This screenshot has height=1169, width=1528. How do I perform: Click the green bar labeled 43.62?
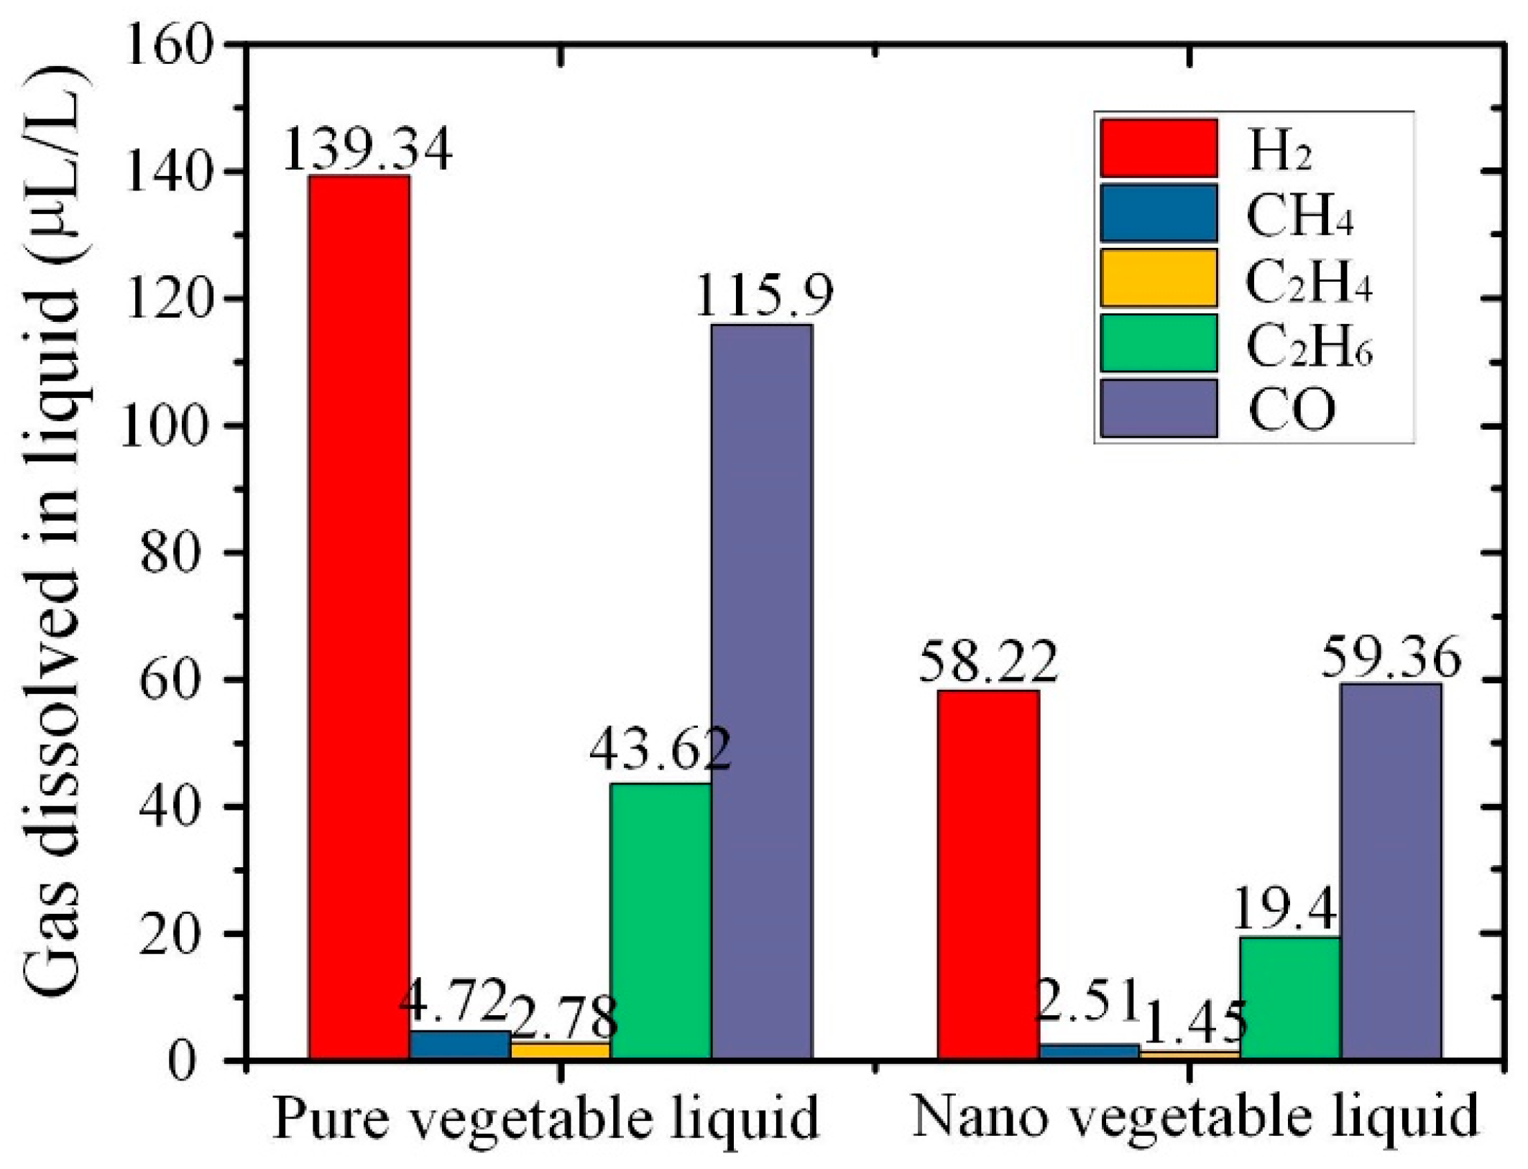[660, 920]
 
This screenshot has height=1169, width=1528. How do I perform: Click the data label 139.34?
[367, 149]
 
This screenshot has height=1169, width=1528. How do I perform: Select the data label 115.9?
[763, 296]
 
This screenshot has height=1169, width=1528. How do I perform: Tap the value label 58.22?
[988, 662]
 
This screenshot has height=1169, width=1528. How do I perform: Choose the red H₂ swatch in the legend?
[1159, 148]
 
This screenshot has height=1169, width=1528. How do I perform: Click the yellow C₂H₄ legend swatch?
[1159, 277]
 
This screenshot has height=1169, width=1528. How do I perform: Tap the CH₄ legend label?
[1299, 214]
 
